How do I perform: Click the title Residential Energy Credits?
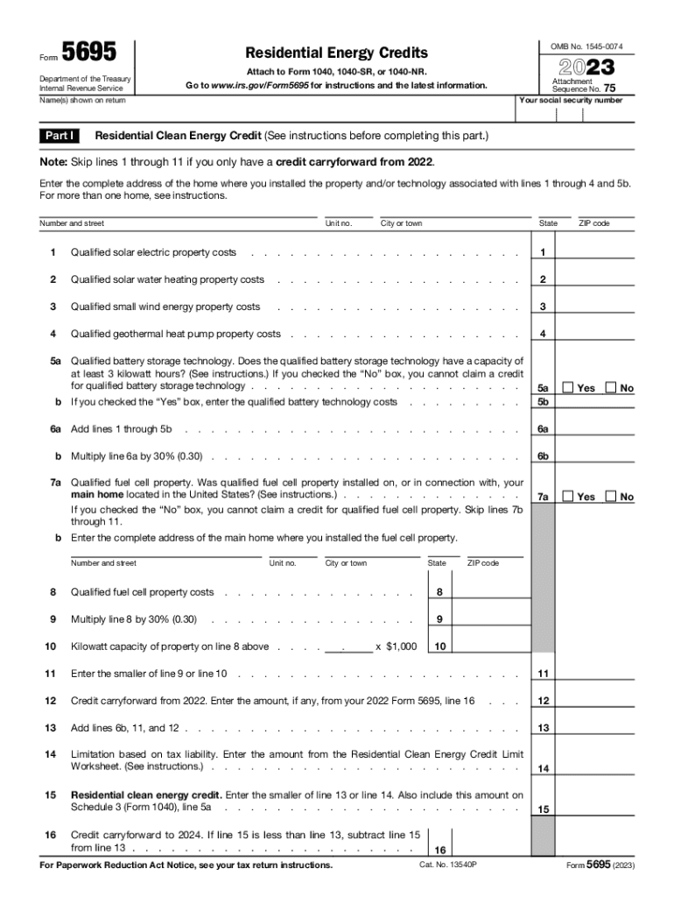pyautogui.click(x=337, y=53)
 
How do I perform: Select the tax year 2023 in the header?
pyautogui.click(x=581, y=67)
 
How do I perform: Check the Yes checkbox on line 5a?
pyautogui.click(x=567, y=388)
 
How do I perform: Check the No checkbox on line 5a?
pyautogui.click(x=611, y=388)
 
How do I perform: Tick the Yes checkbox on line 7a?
pyautogui.click(x=567, y=497)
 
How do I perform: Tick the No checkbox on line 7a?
pyautogui.click(x=611, y=497)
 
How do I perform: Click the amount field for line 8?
pyautogui.click(x=491, y=592)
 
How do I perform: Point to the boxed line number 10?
pyautogui.click(x=439, y=647)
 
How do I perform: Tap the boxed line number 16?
pyautogui.click(x=439, y=850)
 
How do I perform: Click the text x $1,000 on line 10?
pyautogui.click(x=396, y=647)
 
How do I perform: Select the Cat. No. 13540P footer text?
pyautogui.click(x=446, y=865)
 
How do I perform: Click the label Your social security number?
pyautogui.click(x=571, y=100)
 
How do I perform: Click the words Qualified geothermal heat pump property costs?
pyautogui.click(x=176, y=334)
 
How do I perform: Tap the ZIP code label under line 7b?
pyautogui.click(x=483, y=563)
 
